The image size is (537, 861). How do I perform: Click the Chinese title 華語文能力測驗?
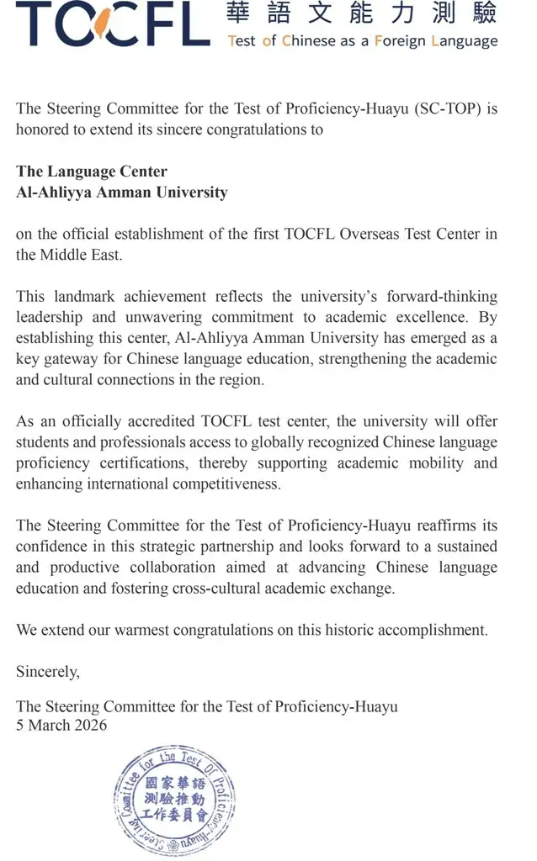pos(362,14)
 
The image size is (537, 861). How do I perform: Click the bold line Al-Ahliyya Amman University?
pos(122,193)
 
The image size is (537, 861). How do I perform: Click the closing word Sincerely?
pos(48,671)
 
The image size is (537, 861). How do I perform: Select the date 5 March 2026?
pos(62,725)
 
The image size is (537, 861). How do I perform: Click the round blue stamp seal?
pos(175,800)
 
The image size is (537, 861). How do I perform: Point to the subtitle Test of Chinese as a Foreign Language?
pos(363,40)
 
